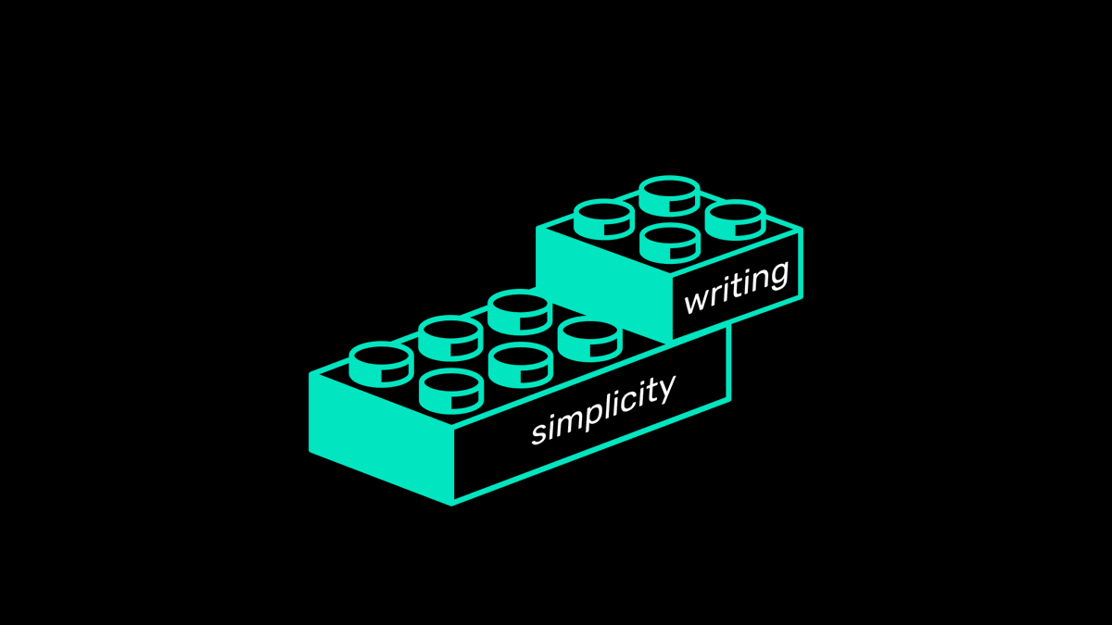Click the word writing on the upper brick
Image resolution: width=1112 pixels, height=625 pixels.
coord(737,288)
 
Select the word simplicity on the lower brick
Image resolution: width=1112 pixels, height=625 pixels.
coord(602,409)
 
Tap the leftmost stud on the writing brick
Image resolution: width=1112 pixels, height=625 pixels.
coord(603,219)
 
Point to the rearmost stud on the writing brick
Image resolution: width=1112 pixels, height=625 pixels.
coord(669,194)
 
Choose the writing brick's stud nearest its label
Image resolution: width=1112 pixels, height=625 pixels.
coord(669,243)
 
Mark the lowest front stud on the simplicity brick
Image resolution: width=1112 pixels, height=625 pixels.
coord(450,389)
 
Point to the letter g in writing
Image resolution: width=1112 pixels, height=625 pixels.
coord(777,276)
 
